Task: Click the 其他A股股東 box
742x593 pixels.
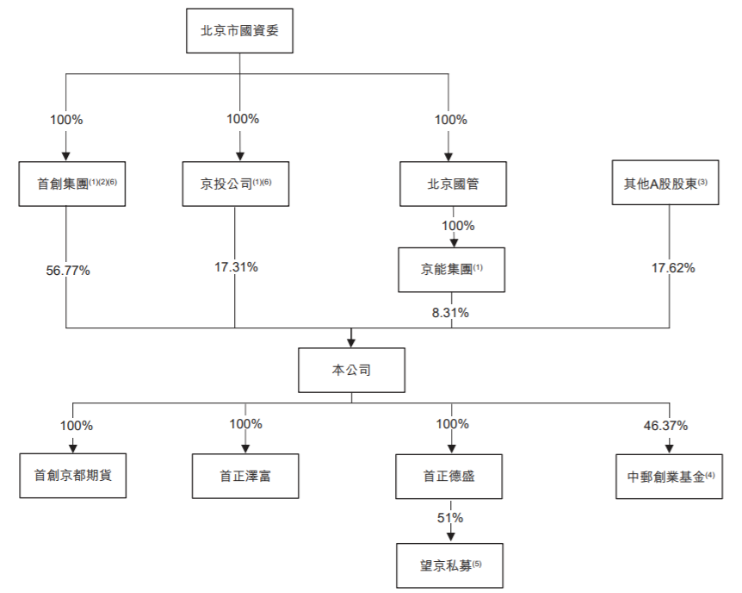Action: click(665, 183)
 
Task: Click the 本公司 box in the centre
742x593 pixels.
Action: click(351, 370)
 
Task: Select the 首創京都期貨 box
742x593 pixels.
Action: click(73, 474)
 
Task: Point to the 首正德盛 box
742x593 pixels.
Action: click(448, 474)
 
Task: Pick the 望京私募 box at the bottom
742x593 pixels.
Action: click(448, 564)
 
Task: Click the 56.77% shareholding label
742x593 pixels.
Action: click(68, 270)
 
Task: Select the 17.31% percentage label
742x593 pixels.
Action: click(236, 267)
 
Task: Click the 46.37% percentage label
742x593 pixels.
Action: click(665, 425)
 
